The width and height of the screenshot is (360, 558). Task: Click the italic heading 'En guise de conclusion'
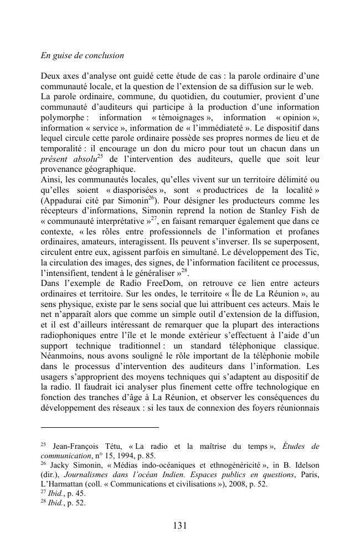point(82,56)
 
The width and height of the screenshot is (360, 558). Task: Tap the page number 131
point(180,525)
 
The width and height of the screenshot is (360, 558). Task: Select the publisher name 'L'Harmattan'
point(64,484)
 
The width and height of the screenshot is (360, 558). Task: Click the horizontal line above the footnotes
point(100,427)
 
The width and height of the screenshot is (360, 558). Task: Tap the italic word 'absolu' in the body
point(83,160)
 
